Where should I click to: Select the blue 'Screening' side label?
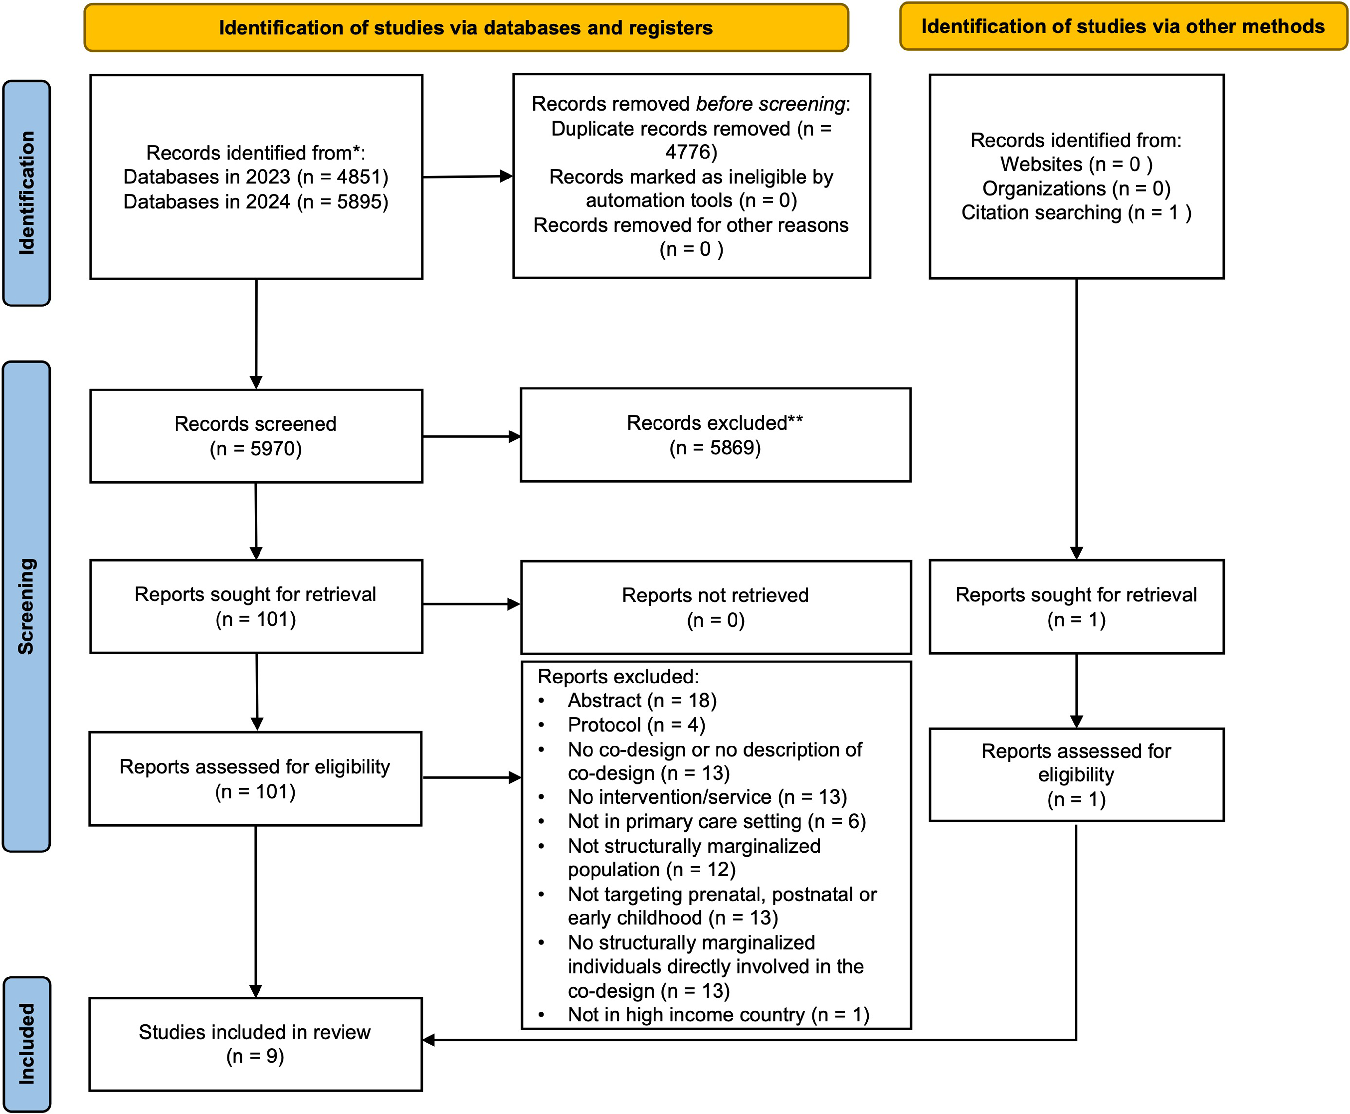pos(26,606)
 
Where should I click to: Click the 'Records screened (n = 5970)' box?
pos(256,436)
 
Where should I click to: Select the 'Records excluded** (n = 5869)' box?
pos(716,434)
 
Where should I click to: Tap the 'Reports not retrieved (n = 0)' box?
pos(716,607)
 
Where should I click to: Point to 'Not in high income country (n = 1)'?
pos(718,1015)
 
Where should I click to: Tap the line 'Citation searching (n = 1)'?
pos(1076,212)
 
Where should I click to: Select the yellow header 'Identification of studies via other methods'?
pos(1123,26)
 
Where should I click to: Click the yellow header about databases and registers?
pos(466,28)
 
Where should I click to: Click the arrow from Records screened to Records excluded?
pos(472,436)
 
